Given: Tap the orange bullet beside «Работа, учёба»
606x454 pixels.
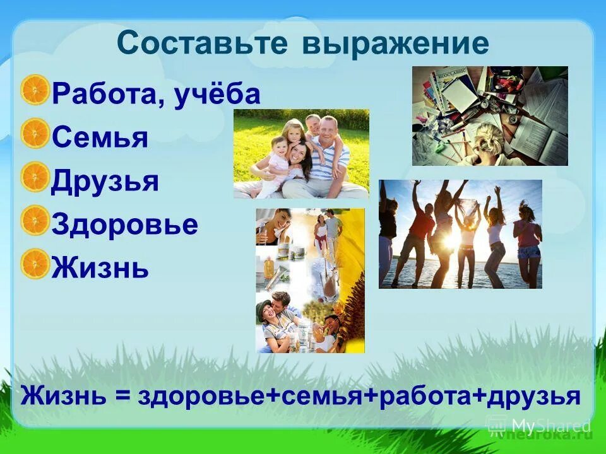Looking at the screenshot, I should click(x=35, y=90).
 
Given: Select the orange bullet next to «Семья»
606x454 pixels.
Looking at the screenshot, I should click(x=35, y=134).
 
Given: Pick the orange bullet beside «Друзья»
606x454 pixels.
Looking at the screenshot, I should click(x=35, y=177).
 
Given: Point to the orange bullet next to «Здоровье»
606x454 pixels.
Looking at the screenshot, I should click(x=35, y=221).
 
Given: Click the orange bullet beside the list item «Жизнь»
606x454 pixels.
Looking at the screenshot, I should click(x=35, y=264).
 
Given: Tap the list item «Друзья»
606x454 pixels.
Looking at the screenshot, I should click(x=105, y=182).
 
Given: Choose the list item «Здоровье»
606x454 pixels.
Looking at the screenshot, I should click(x=124, y=225).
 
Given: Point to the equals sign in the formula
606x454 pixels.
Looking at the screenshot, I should click(x=118, y=397).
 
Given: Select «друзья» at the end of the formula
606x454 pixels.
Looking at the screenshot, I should click(x=529, y=397).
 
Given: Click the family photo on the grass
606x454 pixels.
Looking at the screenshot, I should click(x=301, y=154).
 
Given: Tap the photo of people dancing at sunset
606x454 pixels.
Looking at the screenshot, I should click(x=460, y=234).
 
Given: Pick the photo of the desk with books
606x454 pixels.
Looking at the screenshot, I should click(x=490, y=116).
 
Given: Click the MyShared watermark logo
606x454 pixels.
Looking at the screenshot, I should click(x=540, y=425).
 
